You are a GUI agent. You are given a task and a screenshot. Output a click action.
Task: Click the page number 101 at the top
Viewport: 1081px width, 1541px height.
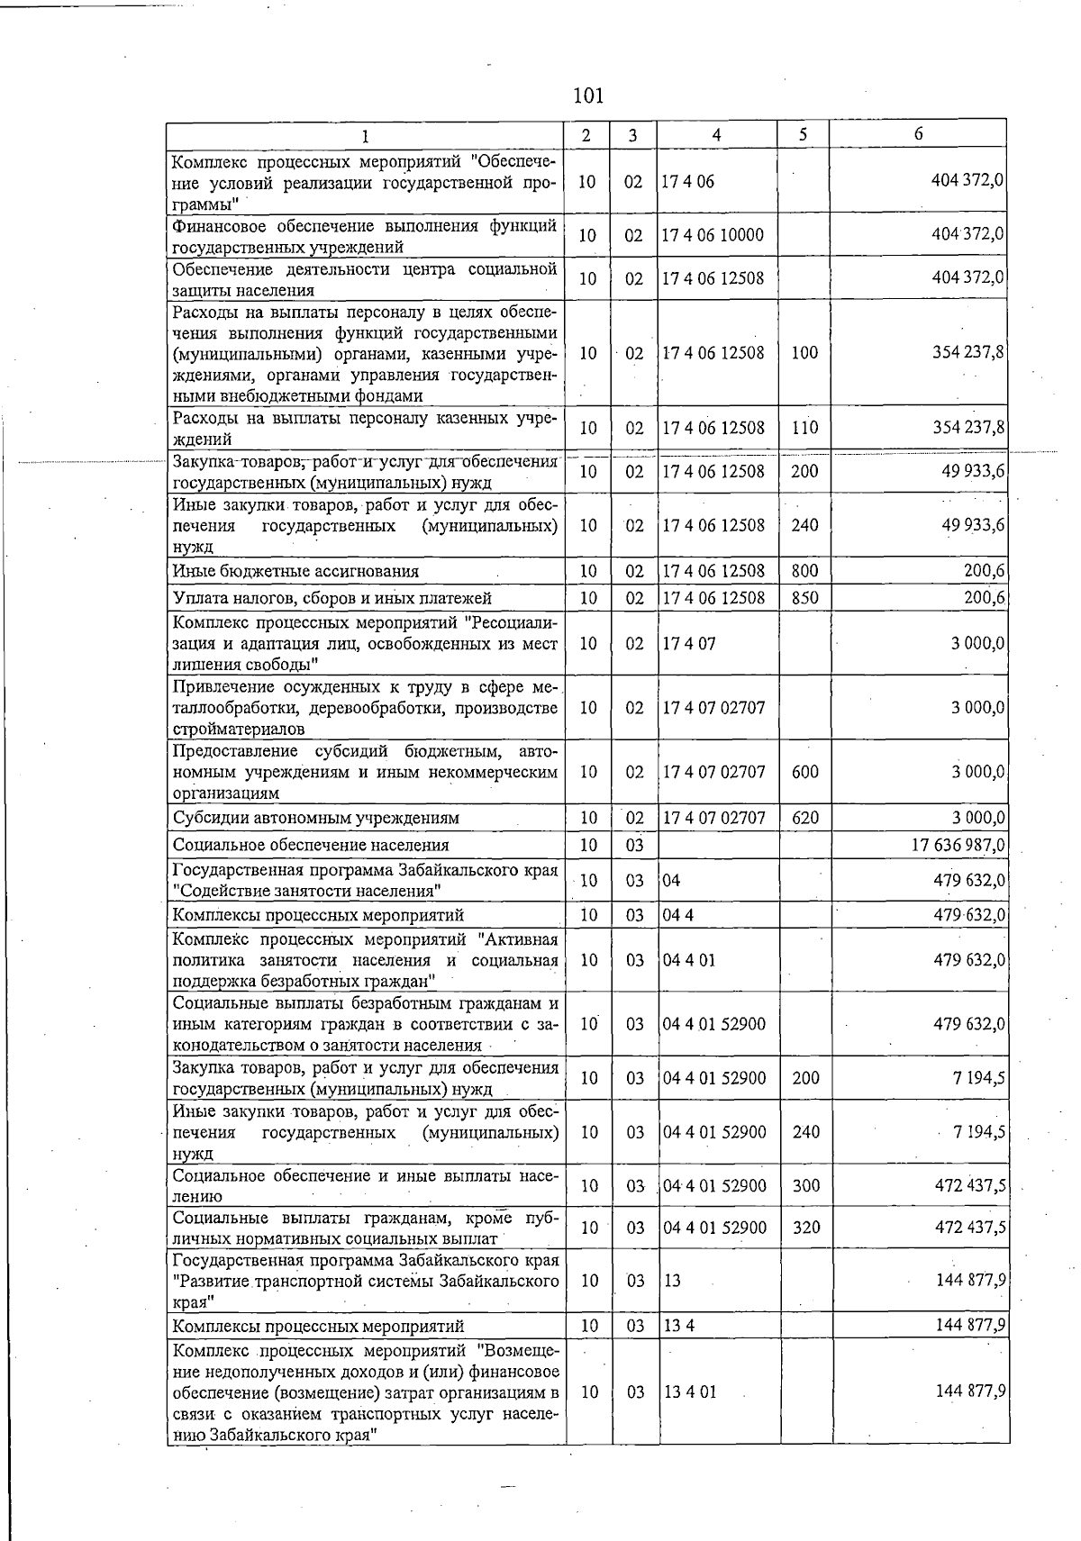click(588, 95)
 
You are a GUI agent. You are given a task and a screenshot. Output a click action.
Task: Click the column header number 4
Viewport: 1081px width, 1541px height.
click(716, 135)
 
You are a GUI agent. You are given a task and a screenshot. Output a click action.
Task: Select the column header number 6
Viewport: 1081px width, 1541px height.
click(918, 134)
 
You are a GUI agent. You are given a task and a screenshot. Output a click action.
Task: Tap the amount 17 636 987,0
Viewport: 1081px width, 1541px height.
click(958, 845)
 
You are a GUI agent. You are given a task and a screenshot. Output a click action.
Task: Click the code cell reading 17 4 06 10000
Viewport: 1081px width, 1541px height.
click(713, 235)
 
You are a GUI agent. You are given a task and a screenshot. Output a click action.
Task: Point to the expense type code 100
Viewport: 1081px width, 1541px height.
click(804, 352)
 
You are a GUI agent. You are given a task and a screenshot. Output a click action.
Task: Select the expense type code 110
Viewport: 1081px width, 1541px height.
click(804, 428)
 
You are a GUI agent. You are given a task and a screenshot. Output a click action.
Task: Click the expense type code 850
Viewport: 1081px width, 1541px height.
click(804, 597)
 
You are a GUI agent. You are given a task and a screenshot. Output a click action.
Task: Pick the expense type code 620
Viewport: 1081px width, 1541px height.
click(804, 818)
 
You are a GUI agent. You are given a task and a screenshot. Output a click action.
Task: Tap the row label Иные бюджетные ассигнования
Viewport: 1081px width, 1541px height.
click(295, 571)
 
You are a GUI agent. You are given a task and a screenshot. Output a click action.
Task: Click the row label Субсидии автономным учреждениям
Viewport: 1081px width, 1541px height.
click(315, 818)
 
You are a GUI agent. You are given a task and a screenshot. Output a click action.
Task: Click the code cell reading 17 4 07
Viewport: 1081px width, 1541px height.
click(688, 643)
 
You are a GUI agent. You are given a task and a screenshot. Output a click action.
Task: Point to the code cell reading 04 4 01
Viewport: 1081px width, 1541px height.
click(689, 960)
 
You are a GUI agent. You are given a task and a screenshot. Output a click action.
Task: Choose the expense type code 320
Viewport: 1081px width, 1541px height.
click(805, 1228)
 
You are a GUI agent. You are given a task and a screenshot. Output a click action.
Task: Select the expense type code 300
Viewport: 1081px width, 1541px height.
click(805, 1185)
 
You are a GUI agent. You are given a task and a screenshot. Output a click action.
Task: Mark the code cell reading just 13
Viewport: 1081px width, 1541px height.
click(672, 1280)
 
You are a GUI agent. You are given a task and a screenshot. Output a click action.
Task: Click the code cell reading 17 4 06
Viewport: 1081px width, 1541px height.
click(688, 181)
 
